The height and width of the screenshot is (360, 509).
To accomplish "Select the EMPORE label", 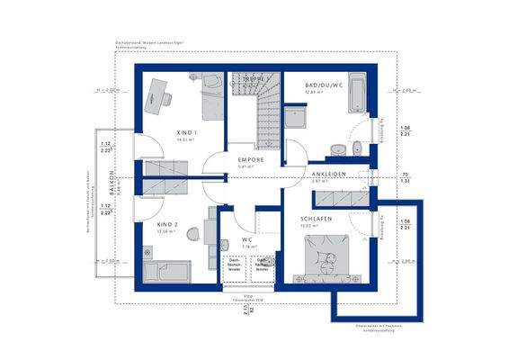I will [x=240, y=159].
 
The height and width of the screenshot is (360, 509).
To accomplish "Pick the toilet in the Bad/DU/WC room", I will [x=357, y=148].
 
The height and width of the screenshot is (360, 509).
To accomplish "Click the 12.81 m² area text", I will [x=314, y=92].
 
